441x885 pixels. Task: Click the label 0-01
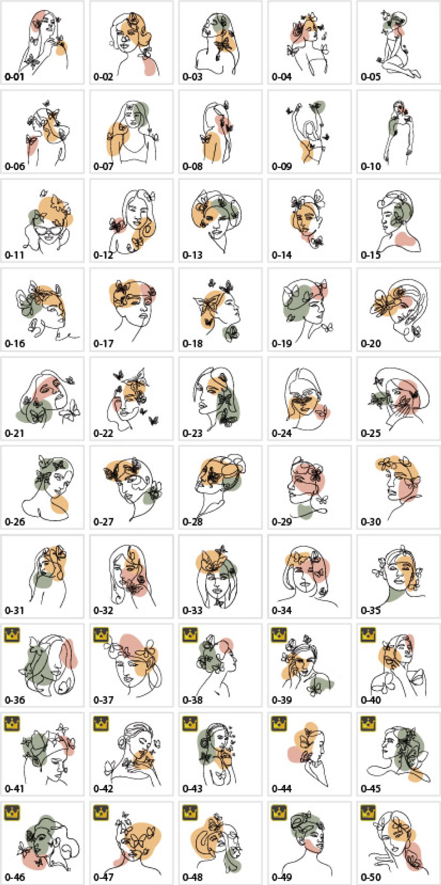click(x=14, y=77)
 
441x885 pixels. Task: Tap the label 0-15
click(x=371, y=255)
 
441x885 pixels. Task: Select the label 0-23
click(x=192, y=433)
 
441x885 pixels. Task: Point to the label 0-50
click(x=371, y=877)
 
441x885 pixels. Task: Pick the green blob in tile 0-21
click(x=34, y=411)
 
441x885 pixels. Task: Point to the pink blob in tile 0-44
click(x=296, y=753)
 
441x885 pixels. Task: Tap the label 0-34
click(x=281, y=611)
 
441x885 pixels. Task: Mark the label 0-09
click(x=281, y=167)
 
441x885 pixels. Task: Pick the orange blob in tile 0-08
click(x=212, y=146)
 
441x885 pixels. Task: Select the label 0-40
click(x=371, y=700)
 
